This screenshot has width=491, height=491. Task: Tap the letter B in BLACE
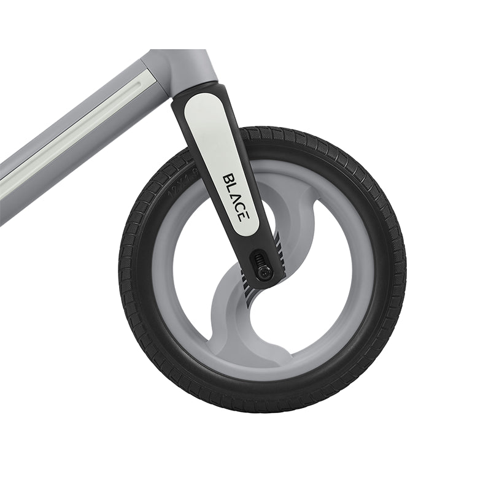(229, 180)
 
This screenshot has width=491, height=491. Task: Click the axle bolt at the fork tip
(265, 272)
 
